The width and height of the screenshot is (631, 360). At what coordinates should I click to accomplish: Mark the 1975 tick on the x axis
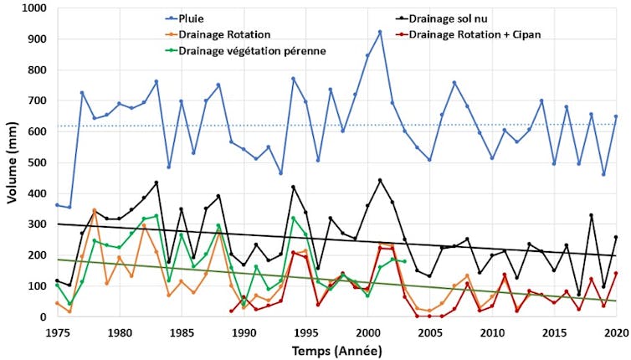coord(57,331)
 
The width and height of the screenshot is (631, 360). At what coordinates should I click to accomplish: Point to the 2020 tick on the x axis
coord(615,331)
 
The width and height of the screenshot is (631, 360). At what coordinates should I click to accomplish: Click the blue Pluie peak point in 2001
coord(380,32)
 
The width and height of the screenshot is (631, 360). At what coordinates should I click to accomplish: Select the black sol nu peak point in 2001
coord(380,180)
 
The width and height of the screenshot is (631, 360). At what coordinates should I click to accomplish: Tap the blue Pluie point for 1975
coord(57,205)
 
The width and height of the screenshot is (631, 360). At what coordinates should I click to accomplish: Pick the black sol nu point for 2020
coord(616,237)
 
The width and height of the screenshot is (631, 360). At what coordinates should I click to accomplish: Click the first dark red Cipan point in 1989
coord(231,311)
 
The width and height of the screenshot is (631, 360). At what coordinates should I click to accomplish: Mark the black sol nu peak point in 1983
coord(156,183)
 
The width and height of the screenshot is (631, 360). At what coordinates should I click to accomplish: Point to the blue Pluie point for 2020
coord(616,116)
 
